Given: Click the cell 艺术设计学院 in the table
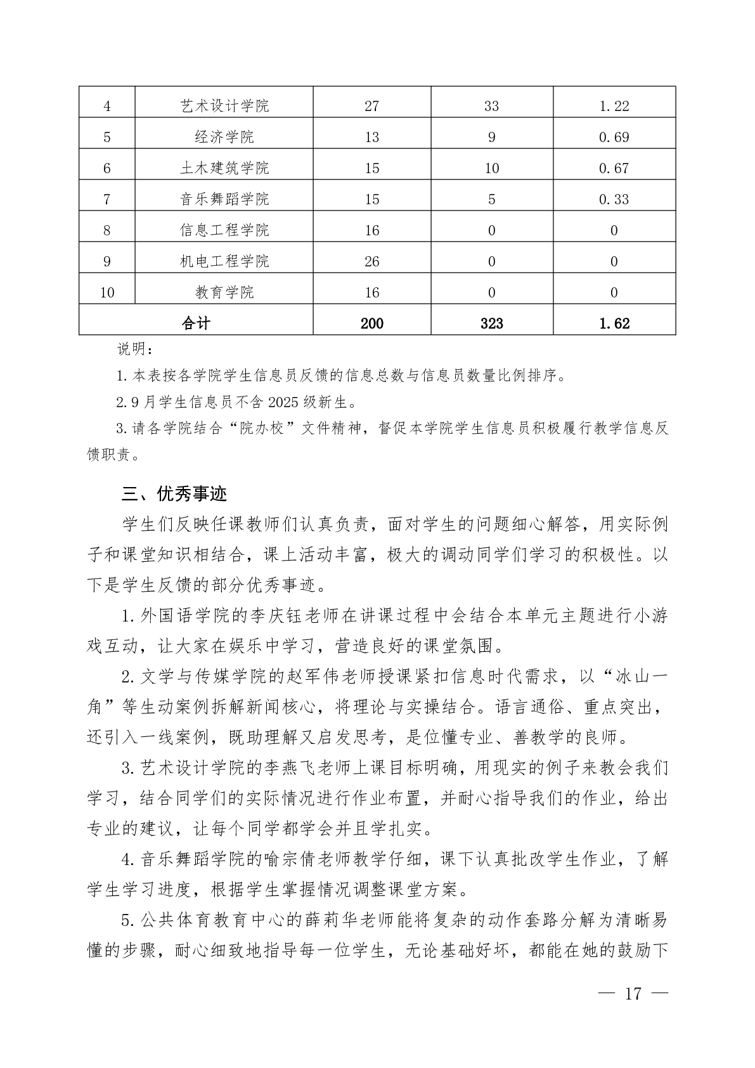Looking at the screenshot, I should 224,106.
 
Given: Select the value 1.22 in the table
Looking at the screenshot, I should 614,106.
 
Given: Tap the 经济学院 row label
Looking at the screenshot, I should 224,137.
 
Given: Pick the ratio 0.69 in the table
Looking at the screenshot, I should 614,137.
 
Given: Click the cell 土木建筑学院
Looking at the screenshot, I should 224,168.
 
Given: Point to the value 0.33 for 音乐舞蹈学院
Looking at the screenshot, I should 614,199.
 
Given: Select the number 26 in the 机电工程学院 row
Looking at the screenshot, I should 371,261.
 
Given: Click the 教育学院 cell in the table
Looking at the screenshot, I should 224,292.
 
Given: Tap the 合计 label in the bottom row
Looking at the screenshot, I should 196,323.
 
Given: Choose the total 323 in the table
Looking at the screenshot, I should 491,323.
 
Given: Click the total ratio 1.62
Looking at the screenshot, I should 614,323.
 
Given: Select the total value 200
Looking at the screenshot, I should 371,323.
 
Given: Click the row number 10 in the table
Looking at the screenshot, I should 107,292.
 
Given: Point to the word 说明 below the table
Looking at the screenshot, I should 133,349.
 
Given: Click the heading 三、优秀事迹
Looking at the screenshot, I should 174,494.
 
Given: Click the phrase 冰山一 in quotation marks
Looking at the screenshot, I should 641,677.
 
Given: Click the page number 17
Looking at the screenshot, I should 633,993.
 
